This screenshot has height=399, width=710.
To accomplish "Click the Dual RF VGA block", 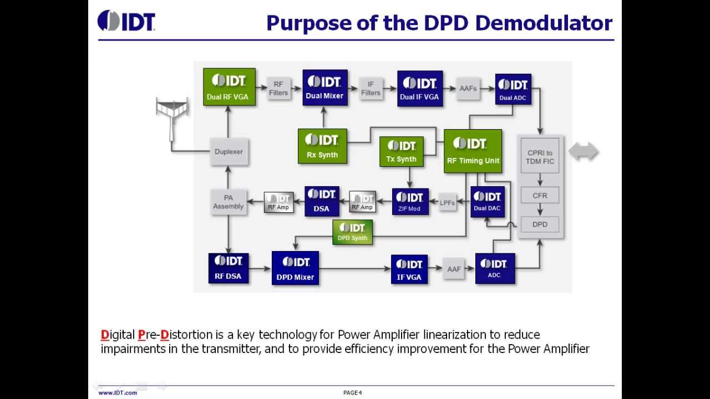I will (229, 87).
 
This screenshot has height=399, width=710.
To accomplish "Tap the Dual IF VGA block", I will (419, 88).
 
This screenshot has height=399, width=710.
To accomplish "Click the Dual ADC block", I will (513, 89).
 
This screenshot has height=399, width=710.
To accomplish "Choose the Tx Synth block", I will (401, 151).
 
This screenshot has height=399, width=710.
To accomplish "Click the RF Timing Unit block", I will (473, 151).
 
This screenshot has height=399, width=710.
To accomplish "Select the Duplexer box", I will (229, 151).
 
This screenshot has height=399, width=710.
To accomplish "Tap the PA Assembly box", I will (228, 202).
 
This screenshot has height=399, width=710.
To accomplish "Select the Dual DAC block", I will (488, 202).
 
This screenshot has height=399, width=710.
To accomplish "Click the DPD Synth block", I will (352, 232).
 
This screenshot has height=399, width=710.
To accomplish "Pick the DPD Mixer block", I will (295, 268).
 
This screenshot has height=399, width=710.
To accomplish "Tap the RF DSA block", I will (228, 268).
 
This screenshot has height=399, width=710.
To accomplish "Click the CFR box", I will (540, 196).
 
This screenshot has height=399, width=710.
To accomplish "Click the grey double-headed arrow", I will (584, 151).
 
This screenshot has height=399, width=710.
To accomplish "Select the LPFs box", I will (447, 202).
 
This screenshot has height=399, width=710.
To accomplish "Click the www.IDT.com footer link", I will (118, 393).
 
